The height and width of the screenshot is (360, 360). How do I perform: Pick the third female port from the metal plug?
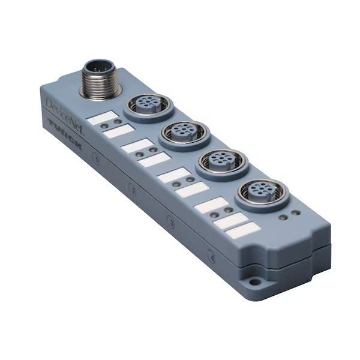[x=217, y=161]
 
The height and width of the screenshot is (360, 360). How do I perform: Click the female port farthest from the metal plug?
[x=257, y=193]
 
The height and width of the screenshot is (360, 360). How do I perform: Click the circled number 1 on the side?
[x=96, y=158]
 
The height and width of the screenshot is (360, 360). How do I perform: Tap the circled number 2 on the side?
[x=133, y=191]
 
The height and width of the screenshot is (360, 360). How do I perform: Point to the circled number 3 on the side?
[x=171, y=222]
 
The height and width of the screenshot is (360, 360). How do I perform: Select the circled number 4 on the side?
[x=210, y=254]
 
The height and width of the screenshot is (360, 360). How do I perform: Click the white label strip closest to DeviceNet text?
[x=100, y=117]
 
